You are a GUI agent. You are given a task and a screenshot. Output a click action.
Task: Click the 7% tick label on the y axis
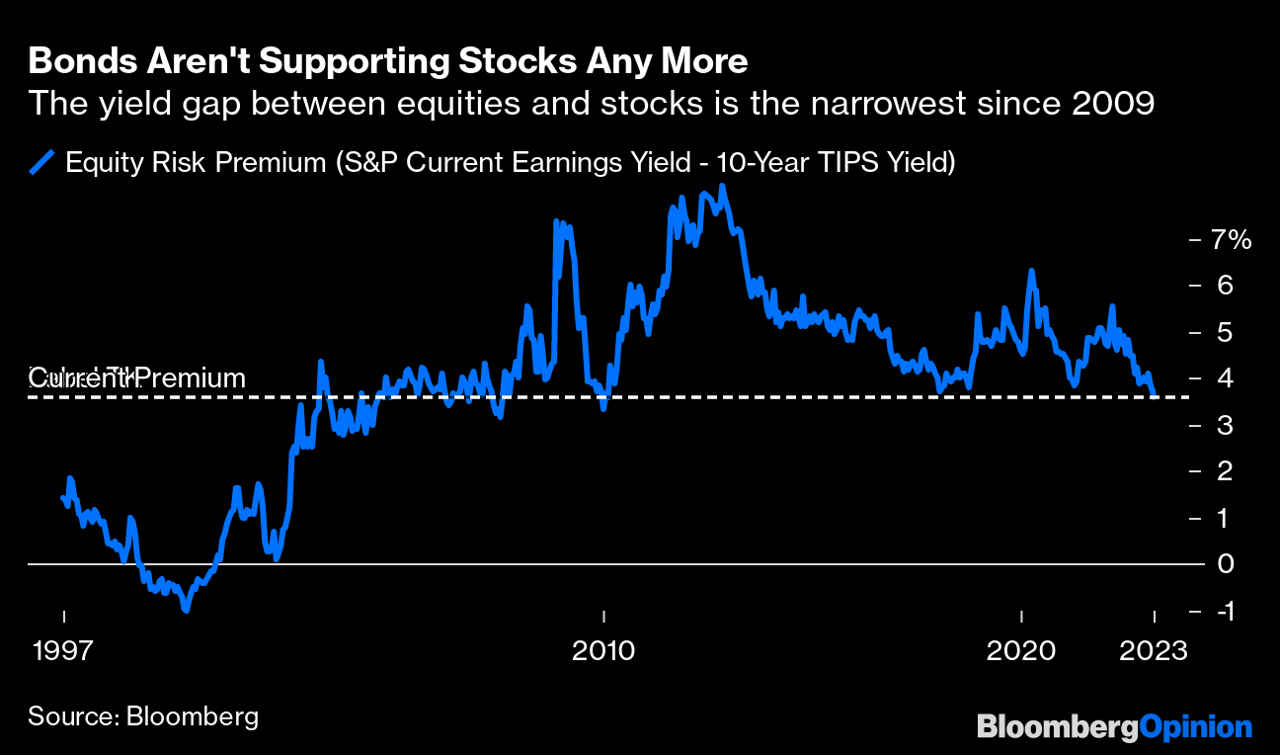tap(1232, 239)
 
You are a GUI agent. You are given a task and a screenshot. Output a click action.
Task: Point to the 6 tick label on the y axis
tap(1225, 286)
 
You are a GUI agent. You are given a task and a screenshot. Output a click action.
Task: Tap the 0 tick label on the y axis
tap(1225, 564)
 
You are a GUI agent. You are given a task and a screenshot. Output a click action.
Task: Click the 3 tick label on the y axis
tap(1225, 425)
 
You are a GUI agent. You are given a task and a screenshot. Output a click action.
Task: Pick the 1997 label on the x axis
tap(64, 651)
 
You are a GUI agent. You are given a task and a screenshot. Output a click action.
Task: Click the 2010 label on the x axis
tap(602, 651)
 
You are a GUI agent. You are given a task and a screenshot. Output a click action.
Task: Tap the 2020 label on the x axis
tap(1021, 651)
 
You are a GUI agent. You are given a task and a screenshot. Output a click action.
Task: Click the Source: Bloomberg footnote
tap(143, 715)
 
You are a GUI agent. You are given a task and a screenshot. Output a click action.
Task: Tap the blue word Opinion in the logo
tap(1195, 727)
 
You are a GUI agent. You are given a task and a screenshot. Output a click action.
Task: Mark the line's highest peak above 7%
tap(723, 186)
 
